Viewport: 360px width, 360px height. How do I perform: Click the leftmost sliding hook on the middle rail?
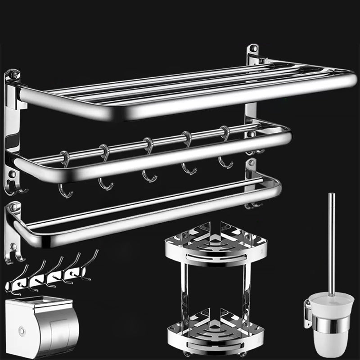66,175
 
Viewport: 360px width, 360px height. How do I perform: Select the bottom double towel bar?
144,211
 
